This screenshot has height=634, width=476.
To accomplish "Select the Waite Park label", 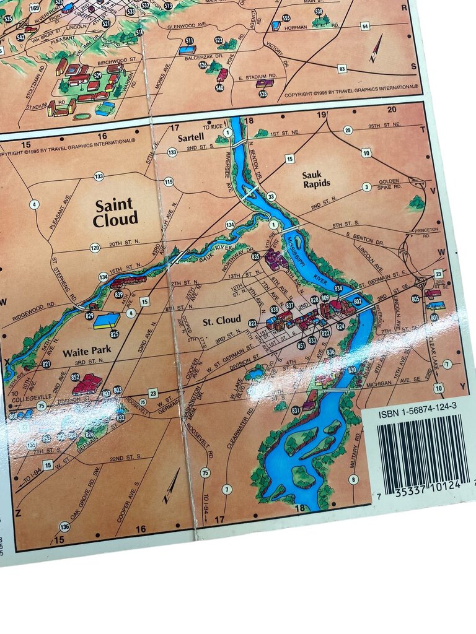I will [x=87, y=350].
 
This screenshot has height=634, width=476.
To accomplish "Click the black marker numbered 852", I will [x=75, y=376].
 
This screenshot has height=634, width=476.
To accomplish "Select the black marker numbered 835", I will [x=255, y=256].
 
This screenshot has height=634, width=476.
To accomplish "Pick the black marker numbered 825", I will [x=114, y=334].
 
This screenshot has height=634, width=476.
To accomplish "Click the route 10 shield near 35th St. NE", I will [x=366, y=152].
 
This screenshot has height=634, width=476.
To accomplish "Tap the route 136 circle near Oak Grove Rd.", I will [x=64, y=526].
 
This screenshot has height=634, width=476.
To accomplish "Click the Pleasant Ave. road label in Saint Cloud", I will [x=59, y=212].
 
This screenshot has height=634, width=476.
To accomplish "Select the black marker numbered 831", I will [x=296, y=410].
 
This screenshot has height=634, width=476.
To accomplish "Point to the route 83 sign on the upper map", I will [x=342, y=69].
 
